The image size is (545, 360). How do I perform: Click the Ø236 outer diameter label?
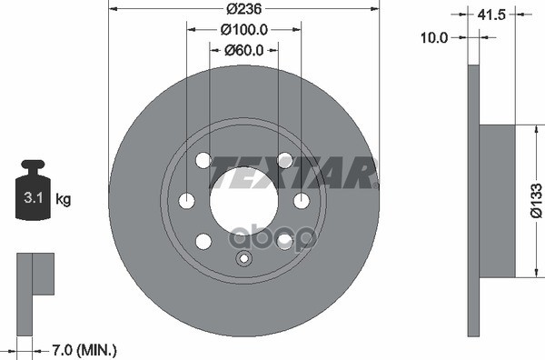243,9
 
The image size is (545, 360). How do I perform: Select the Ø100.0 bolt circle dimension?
243,29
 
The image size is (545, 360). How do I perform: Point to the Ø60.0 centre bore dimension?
243,50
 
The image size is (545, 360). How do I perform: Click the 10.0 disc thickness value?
437,37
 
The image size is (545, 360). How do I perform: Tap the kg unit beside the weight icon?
64,197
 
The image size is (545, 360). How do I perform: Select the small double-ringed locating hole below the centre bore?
243,259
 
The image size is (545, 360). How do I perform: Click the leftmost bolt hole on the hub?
187,200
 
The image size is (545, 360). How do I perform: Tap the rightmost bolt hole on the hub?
301,200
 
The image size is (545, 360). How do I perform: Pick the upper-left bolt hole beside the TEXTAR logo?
203,160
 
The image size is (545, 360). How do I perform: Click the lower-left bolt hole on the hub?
203,240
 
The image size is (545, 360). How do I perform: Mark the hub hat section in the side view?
496,201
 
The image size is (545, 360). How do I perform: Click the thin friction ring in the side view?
472,201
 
